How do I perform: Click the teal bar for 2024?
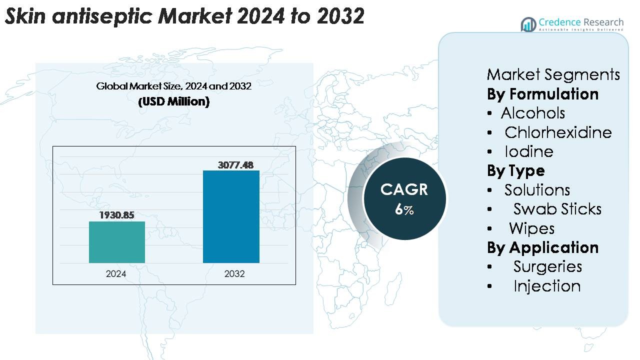click(x=117, y=242)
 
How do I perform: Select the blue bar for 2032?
click(x=231, y=216)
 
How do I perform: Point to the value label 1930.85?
click(x=117, y=215)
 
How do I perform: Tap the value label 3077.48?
click(x=235, y=164)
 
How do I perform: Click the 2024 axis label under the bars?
click(x=116, y=274)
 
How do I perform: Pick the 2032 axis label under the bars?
click(x=234, y=274)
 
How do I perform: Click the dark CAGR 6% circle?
click(x=404, y=198)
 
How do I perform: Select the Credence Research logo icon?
click(x=528, y=24)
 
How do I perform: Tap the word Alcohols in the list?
click(x=533, y=113)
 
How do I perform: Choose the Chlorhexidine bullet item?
click(x=558, y=132)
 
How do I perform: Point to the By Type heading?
click(x=516, y=171)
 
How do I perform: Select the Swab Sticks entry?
click(x=557, y=209)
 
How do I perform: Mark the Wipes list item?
click(x=531, y=228)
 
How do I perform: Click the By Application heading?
click(x=542, y=247)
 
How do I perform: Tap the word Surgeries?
click(x=547, y=266)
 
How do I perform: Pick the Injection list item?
click(x=547, y=286)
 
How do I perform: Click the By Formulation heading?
click(x=542, y=94)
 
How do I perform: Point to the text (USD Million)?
click(x=173, y=101)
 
